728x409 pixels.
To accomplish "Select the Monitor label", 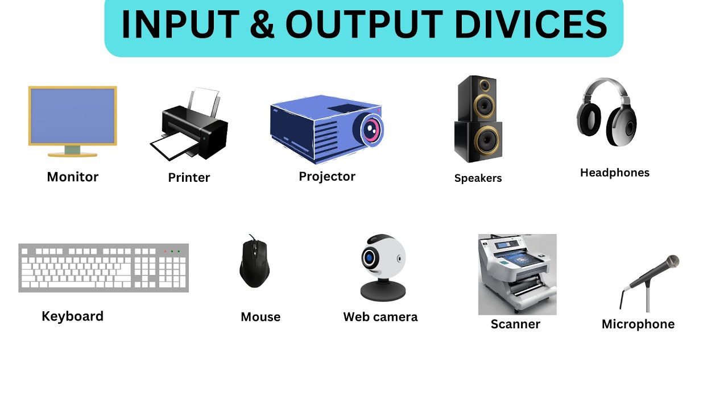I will [x=73, y=177].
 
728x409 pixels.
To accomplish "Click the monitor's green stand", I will [x=72, y=150].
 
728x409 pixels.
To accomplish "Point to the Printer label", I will [x=189, y=177].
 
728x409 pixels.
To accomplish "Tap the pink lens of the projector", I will [x=371, y=129].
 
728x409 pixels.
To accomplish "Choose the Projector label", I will [x=327, y=176].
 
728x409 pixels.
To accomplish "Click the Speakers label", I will [x=478, y=178].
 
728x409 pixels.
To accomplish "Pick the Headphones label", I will [x=614, y=172].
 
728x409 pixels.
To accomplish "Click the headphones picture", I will [x=607, y=113].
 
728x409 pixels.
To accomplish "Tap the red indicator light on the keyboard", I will [x=166, y=251].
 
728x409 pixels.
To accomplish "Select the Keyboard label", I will [x=72, y=316].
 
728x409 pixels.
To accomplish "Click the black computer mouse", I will [x=254, y=264].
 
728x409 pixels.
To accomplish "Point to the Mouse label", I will [x=260, y=316].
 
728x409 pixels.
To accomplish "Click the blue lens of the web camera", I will [x=370, y=258].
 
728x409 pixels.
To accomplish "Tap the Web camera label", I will [x=380, y=316].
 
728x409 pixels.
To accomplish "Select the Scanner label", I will [x=515, y=324].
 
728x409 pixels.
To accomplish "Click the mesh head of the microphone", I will [x=672, y=261].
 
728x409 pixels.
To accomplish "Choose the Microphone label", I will [x=638, y=324].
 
